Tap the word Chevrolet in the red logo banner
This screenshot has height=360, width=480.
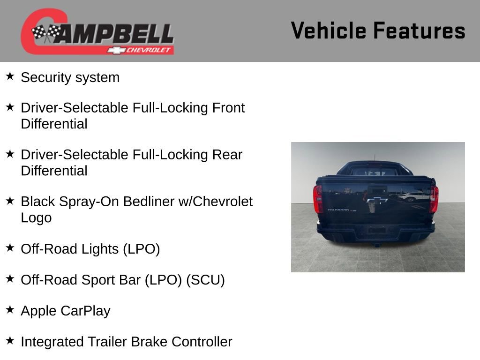(x=149, y=50)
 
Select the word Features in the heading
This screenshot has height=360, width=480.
(x=419, y=30)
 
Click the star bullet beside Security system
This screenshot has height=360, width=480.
(x=10, y=76)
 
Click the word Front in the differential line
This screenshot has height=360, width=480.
(x=228, y=108)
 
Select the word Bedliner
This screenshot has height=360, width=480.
(x=153, y=202)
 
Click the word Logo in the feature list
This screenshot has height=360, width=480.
(x=36, y=218)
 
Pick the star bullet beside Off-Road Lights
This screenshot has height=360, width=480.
(x=10, y=247)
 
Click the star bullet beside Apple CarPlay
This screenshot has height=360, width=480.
(x=10, y=309)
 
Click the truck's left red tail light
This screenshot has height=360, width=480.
(x=318, y=198)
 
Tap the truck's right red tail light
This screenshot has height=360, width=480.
(x=434, y=198)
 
